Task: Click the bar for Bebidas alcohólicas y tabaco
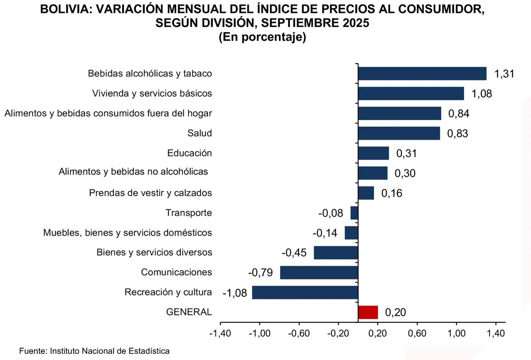422,73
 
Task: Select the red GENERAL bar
368,312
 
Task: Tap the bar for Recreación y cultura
305,292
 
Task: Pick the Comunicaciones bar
319,272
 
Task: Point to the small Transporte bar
354,213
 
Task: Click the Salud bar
399,133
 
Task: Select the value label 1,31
504,74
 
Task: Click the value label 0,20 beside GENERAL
395,312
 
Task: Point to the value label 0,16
392,193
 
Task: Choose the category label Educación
189,153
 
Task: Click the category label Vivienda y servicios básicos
152,93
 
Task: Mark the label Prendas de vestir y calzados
150,193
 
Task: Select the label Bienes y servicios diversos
154,253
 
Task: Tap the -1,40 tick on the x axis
219,333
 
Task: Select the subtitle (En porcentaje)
262,37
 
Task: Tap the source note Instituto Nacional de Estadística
110,351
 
